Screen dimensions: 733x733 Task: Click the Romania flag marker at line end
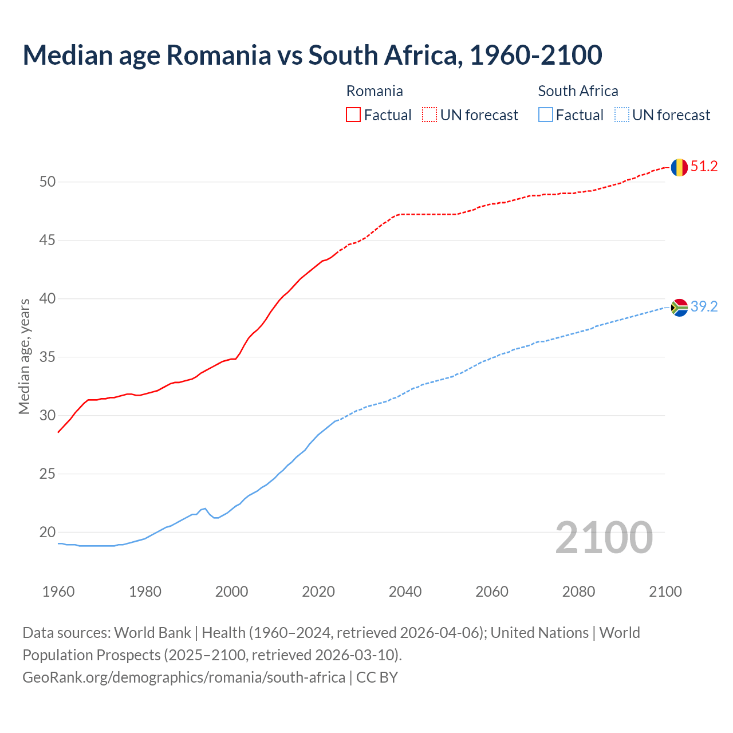[679, 167]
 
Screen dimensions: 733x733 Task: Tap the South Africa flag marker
[679, 308]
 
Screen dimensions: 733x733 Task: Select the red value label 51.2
[704, 167]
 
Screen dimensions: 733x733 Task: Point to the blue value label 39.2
[704, 307]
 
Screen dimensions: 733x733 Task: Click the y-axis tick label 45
[48, 241]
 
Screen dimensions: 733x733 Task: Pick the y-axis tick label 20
[48, 533]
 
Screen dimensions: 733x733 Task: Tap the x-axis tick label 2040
[405, 592]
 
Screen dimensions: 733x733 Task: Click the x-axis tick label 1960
[58, 592]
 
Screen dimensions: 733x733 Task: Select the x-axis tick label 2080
[578, 592]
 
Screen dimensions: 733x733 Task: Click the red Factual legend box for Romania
[353, 115]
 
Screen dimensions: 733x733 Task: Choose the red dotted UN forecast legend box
[429, 115]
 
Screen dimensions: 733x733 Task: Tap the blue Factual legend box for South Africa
[546, 115]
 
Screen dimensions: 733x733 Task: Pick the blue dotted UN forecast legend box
[622, 115]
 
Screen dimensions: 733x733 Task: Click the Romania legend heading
[375, 91]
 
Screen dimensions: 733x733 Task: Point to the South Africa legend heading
[578, 91]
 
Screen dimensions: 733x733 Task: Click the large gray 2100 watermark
[604, 537]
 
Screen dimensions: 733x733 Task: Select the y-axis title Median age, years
[24, 356]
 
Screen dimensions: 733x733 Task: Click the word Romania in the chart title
[218, 55]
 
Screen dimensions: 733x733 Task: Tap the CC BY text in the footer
[377, 677]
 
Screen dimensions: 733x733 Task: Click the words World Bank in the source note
[152, 633]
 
